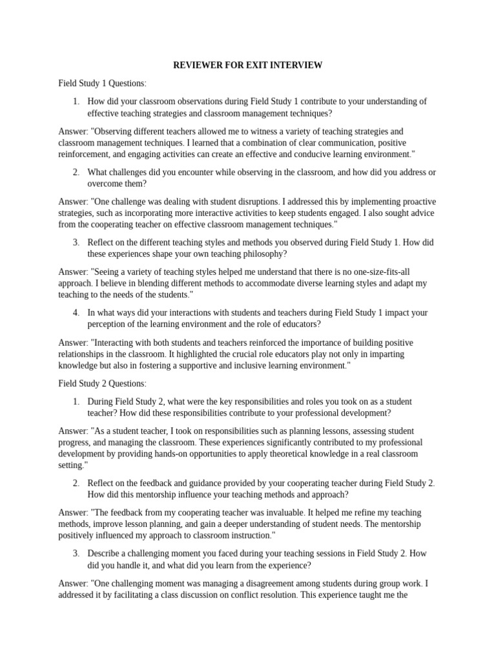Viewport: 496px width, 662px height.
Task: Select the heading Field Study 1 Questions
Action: tap(103, 83)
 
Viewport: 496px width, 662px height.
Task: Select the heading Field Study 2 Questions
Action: tap(103, 383)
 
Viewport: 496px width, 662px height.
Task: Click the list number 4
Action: tap(76, 313)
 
